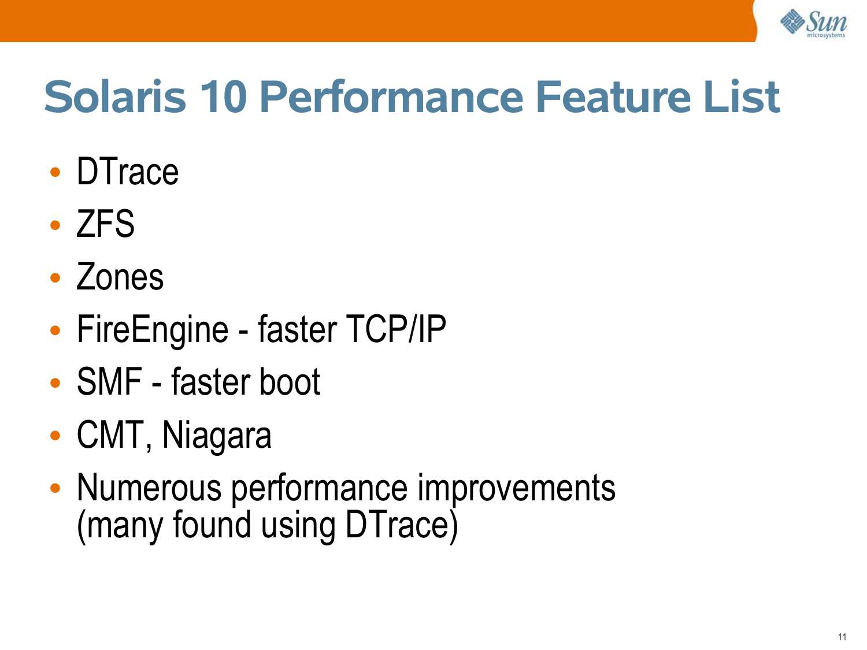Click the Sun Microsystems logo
pyautogui.click(x=813, y=23)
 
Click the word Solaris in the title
pyautogui.click(x=115, y=96)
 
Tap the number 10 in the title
pyautogui.click(x=223, y=96)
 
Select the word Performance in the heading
pyautogui.click(x=392, y=96)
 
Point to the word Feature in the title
pyautogui.click(x=614, y=96)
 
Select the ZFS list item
pyautogui.click(x=105, y=224)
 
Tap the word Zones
pyautogui.click(x=120, y=277)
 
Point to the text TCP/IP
pyautogui.click(x=395, y=329)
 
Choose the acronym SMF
pyautogui.click(x=109, y=382)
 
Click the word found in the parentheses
pyautogui.click(x=212, y=523)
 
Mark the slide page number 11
pyautogui.click(x=842, y=637)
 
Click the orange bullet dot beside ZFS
pyautogui.click(x=55, y=225)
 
